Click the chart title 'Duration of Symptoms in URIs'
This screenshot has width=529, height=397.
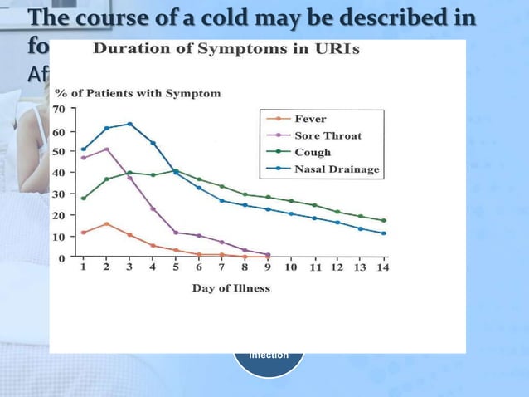click(226, 49)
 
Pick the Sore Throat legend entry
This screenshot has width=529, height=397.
click(327, 135)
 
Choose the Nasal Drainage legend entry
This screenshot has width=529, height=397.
click(336, 169)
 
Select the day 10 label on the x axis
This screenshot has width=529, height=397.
click(290, 268)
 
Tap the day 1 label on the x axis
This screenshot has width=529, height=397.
click(83, 268)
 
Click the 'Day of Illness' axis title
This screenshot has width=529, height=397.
click(231, 288)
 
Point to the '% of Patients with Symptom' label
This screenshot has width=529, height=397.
click(138, 93)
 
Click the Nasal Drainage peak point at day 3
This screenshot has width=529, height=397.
click(129, 125)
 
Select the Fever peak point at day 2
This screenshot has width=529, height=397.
click(106, 224)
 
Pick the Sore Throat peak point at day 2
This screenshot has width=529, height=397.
click(106, 149)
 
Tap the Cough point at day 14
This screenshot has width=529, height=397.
click(383, 221)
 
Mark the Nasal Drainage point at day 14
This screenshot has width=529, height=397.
click(383, 233)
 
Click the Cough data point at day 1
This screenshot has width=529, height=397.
click(83, 198)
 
